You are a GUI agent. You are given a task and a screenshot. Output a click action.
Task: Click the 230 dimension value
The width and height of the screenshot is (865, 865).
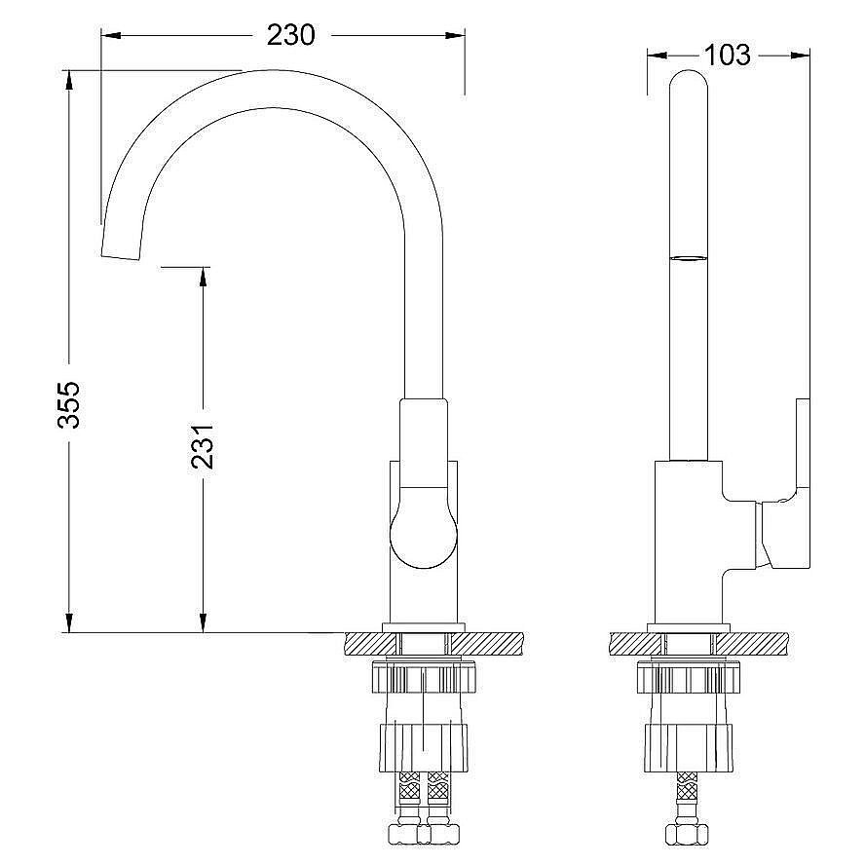point(290,35)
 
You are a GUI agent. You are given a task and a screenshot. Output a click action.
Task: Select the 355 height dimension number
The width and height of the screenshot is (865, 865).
point(69,404)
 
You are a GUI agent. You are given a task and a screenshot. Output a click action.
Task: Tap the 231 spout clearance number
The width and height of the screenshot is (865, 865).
point(203,446)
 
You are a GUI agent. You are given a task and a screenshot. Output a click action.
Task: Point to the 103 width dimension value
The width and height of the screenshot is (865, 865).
point(728,56)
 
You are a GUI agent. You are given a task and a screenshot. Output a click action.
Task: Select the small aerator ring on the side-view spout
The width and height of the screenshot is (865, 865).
point(688,257)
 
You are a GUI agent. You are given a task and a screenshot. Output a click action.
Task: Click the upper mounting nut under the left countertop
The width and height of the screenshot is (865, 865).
point(424,679)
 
